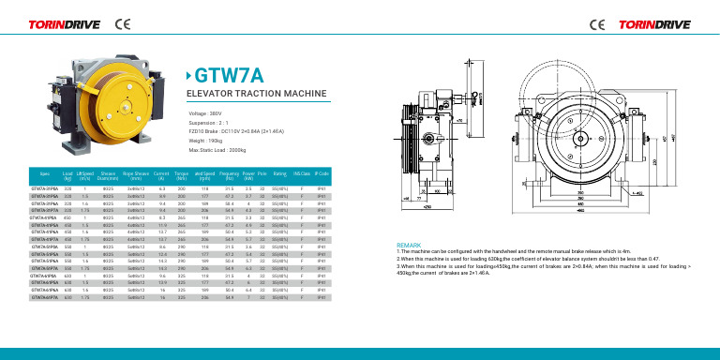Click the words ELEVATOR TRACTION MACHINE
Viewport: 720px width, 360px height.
[249, 95]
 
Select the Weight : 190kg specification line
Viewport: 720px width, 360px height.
[208, 141]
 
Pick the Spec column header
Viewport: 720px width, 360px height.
[44, 173]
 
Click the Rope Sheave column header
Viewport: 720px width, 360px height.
[138, 174]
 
